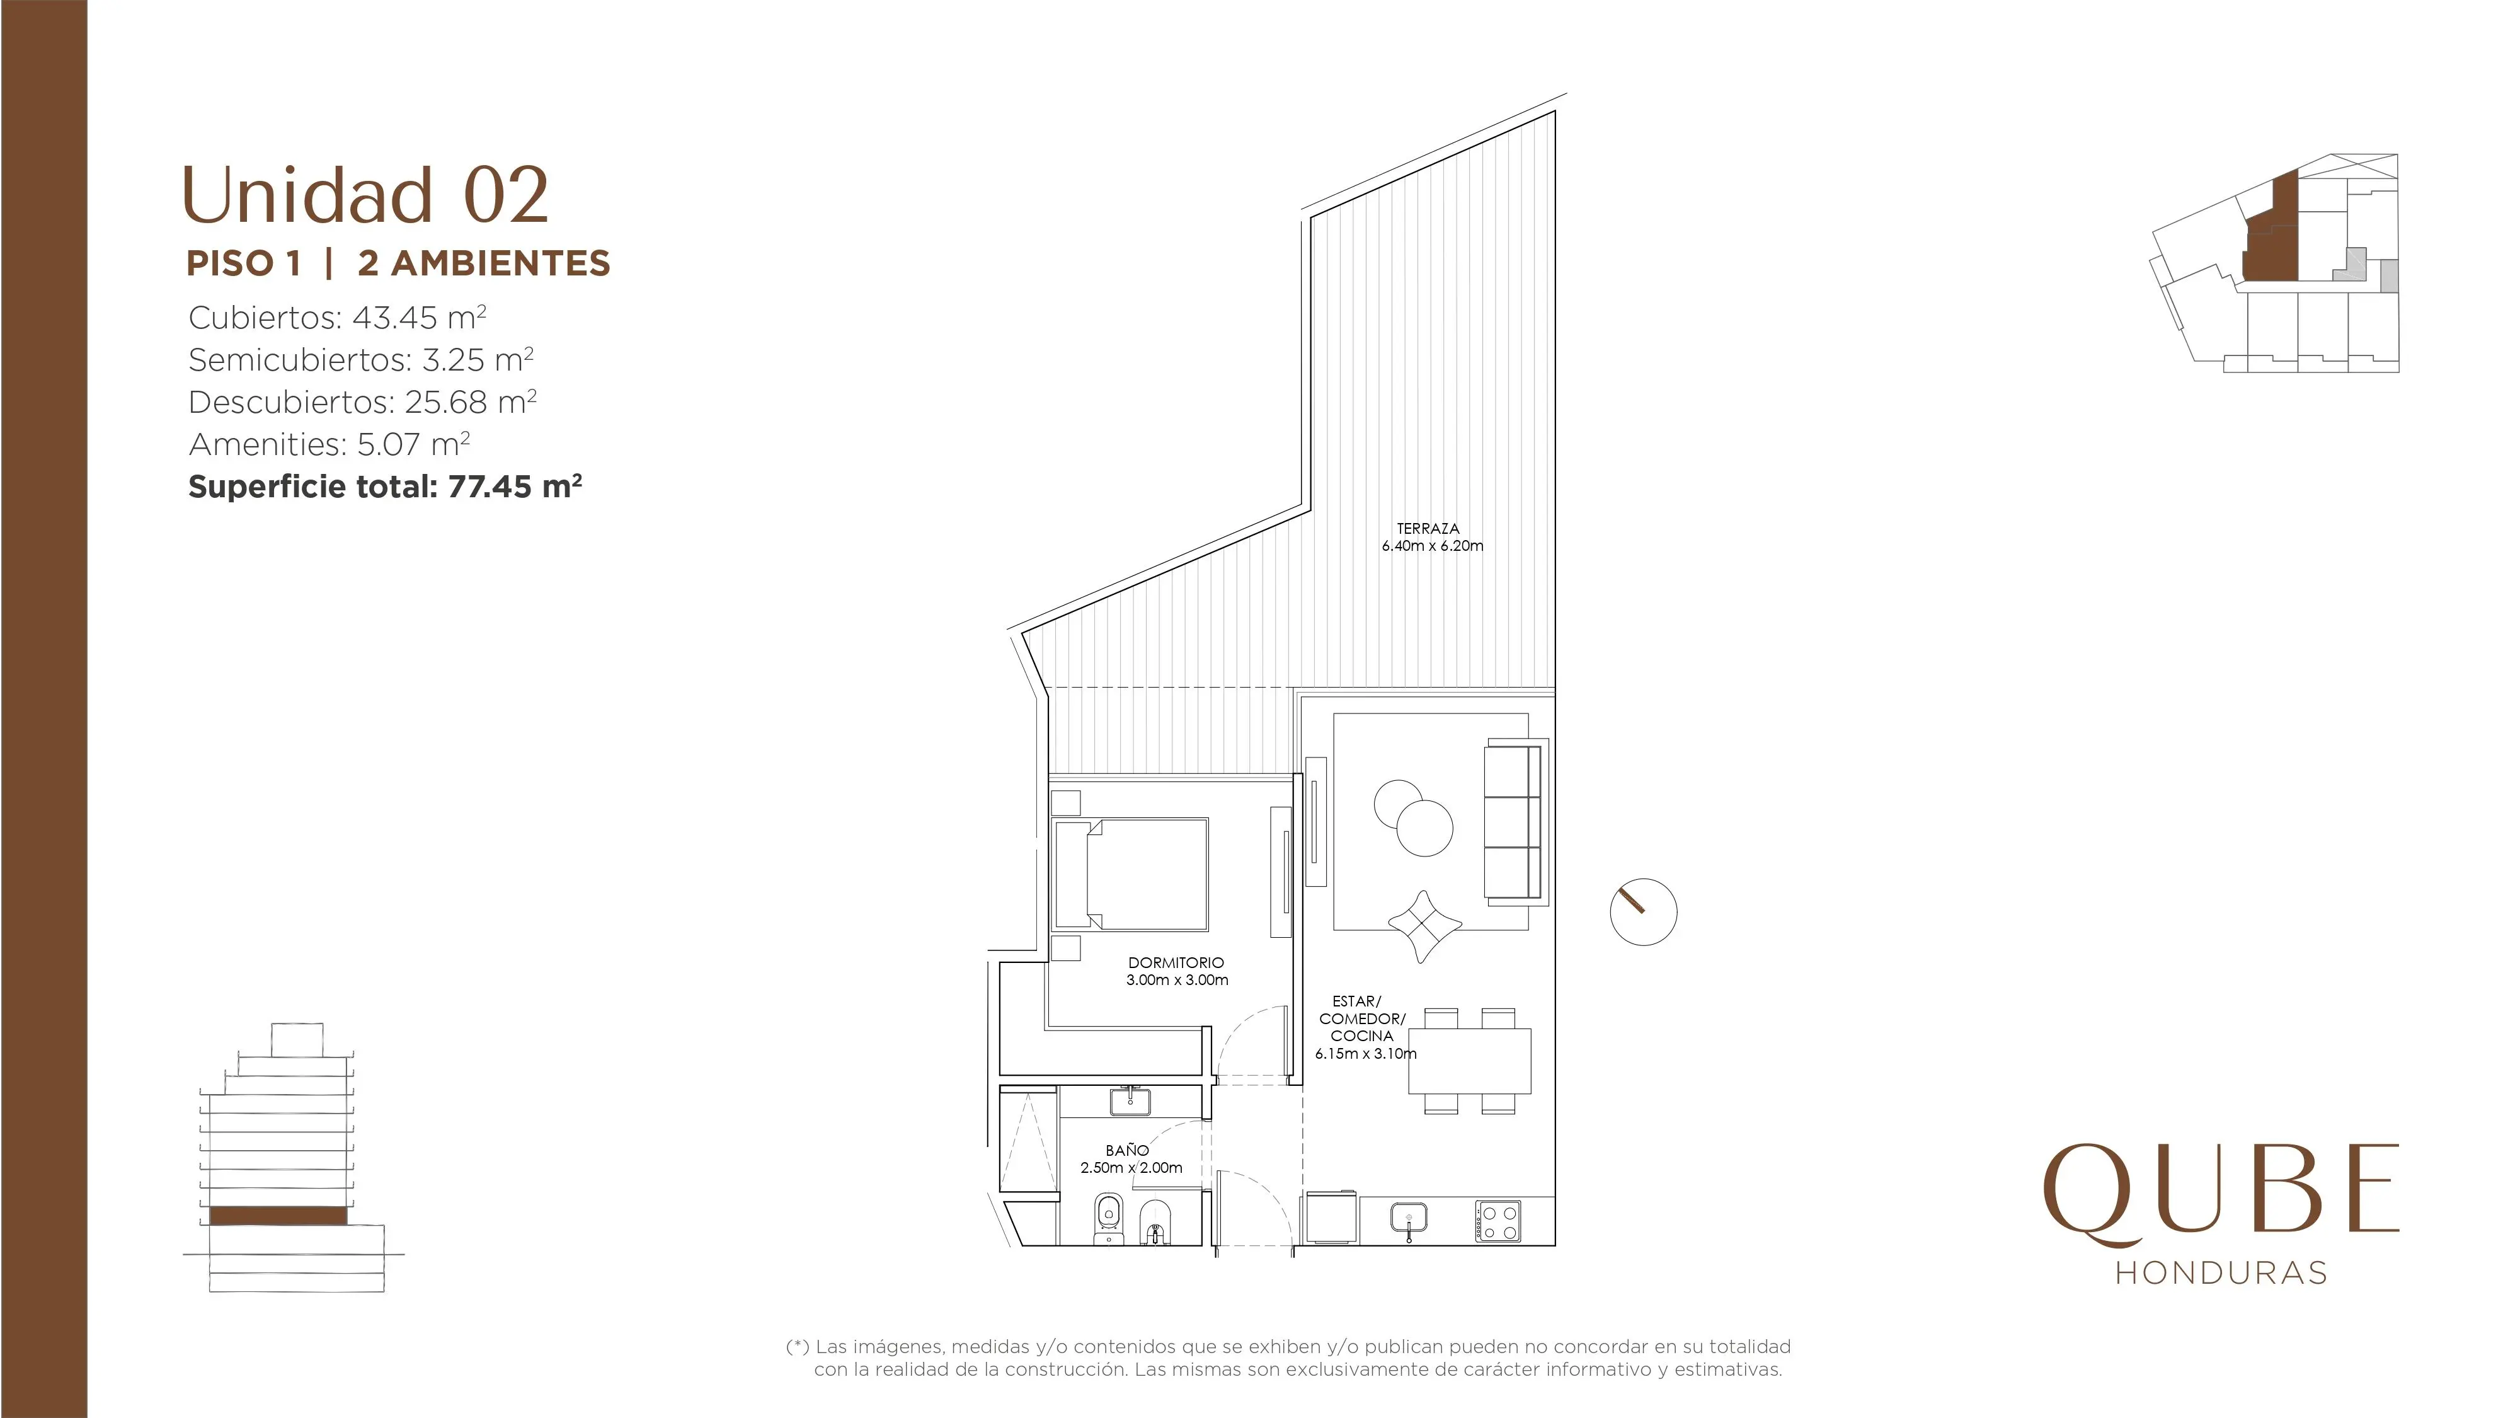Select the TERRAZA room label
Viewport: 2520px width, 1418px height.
click(1428, 529)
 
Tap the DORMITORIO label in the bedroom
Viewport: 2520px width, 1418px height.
click(1176, 963)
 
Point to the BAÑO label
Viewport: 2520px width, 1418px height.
click(1127, 1151)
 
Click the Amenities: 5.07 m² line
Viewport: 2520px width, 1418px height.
click(329, 444)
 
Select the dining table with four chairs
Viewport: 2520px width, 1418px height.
click(1469, 1061)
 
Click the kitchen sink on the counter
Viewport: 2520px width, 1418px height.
click(1409, 1218)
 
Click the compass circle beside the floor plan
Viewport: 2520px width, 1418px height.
click(1644, 912)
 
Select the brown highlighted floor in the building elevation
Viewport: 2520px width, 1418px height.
click(278, 1216)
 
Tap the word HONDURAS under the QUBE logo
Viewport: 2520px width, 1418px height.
click(2221, 1272)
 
